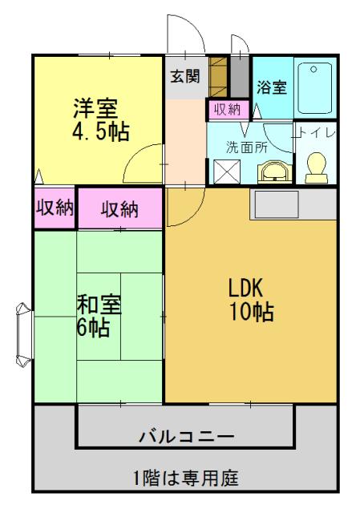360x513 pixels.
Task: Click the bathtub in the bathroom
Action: [x=315, y=87]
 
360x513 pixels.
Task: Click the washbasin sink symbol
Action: [x=273, y=171]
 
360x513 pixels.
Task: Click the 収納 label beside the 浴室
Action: [x=226, y=109]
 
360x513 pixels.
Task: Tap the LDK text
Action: [x=246, y=288]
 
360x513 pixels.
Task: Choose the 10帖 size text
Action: [x=250, y=312]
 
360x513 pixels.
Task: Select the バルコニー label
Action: [x=187, y=437]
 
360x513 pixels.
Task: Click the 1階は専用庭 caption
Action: [x=186, y=478]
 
